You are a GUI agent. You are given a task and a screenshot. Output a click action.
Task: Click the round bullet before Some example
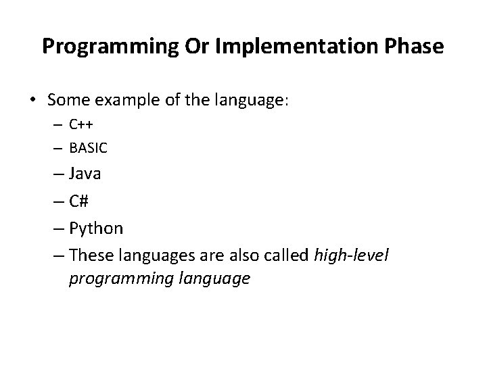tap(32, 101)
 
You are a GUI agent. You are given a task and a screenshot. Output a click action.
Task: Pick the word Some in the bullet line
tap(66, 100)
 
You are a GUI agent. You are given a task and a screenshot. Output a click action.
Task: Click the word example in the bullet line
tap(121, 101)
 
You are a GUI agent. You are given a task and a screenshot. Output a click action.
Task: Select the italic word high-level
tap(351, 255)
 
